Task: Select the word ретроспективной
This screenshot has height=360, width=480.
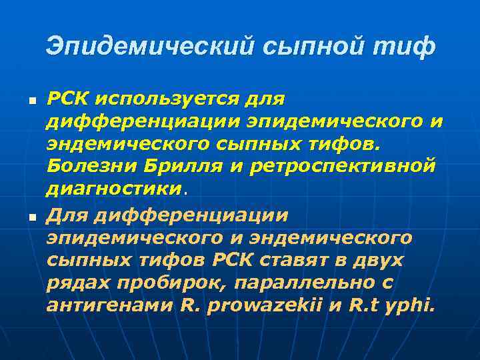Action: [343, 165]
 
